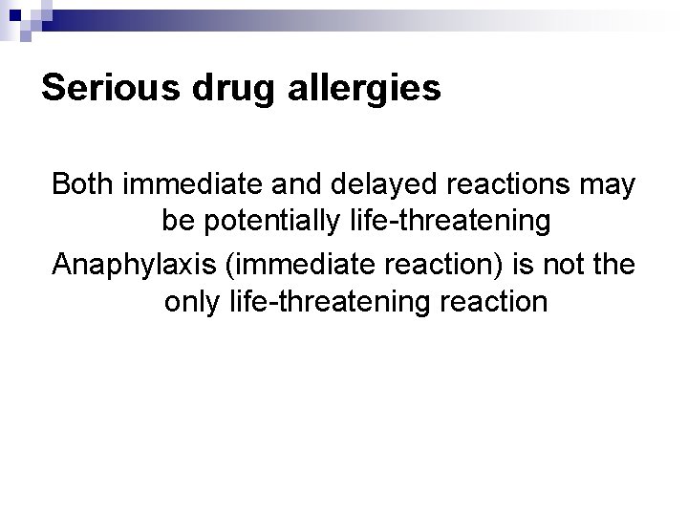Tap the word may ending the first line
[608, 184]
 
